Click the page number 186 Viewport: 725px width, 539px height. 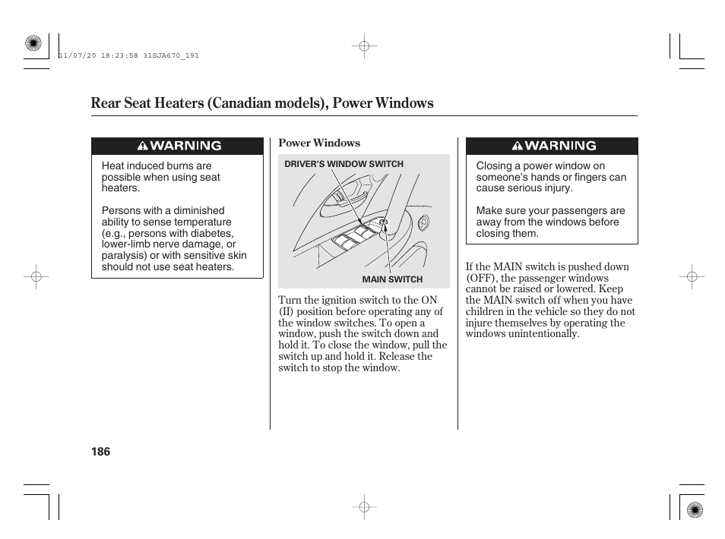100,452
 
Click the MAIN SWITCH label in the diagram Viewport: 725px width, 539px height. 392,279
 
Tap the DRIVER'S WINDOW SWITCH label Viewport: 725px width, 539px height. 344,164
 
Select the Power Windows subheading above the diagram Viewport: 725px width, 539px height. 319,143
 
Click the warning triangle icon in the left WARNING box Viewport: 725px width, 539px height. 142,146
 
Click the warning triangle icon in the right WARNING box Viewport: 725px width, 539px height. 517,146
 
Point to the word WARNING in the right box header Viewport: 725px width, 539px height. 561,146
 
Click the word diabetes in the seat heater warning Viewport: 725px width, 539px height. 214,233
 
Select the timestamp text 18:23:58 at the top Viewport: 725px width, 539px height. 117,55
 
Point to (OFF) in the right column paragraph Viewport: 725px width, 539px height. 480,278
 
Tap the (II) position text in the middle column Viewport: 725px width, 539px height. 286,311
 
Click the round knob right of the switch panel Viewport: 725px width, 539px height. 423,222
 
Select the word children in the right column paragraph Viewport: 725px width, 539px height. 484,311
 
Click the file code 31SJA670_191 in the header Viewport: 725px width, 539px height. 174,55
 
